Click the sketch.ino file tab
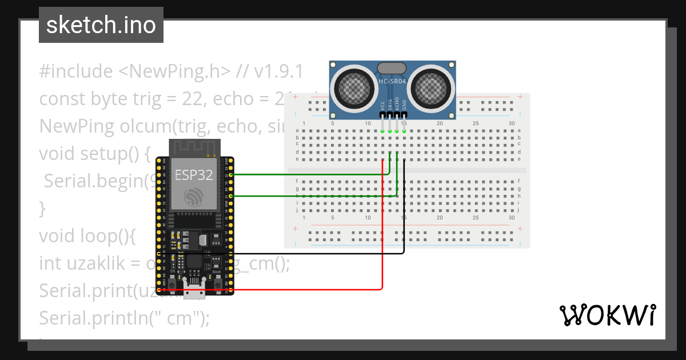pyautogui.click(x=101, y=25)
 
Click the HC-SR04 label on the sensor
pyautogui.click(x=392, y=81)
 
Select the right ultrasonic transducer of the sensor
pyautogui.click(x=430, y=87)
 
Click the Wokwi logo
pyautogui.click(x=607, y=315)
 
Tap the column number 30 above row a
pyautogui.click(x=511, y=124)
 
